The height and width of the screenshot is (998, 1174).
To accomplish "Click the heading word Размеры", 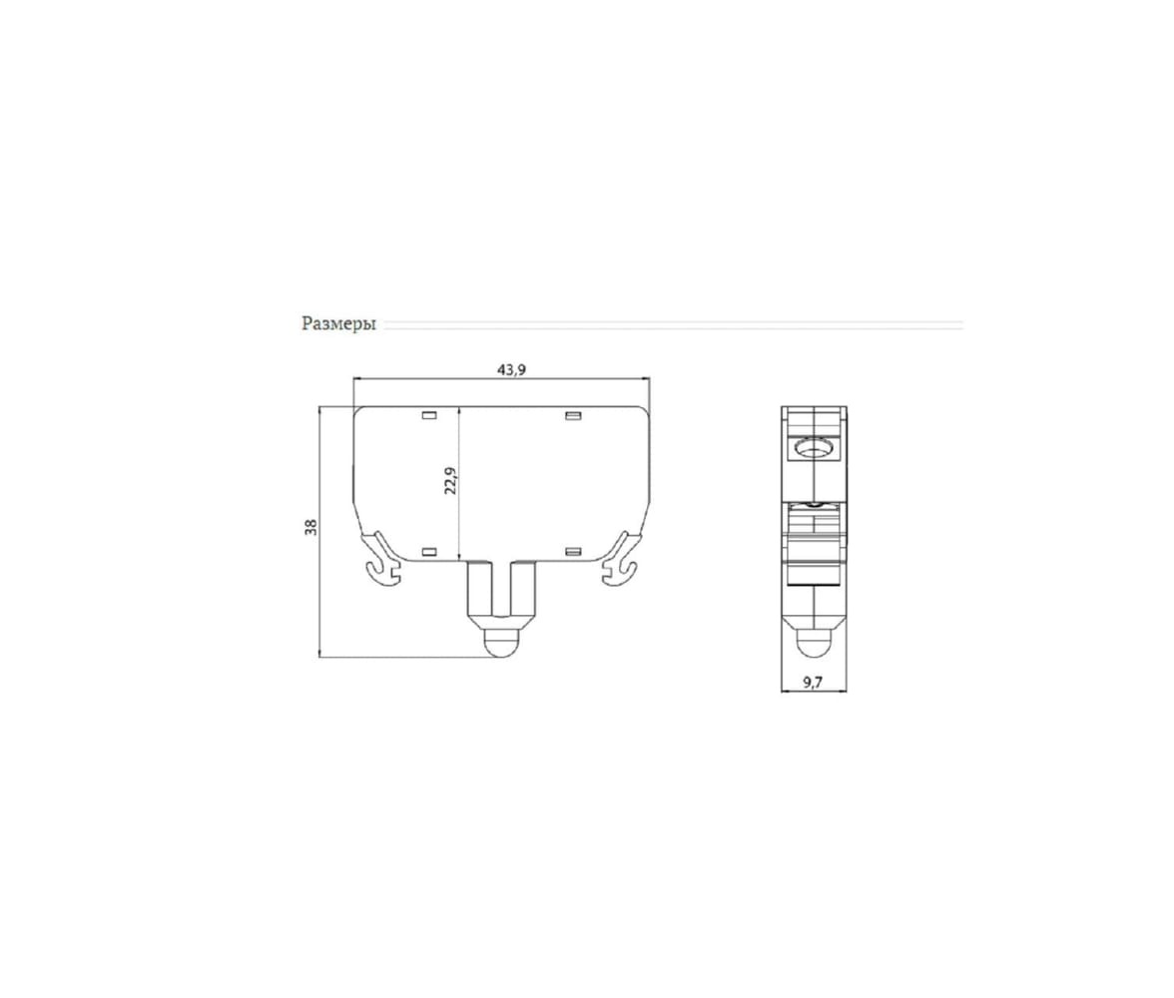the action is [x=338, y=324].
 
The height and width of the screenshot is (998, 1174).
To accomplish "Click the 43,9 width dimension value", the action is [x=511, y=369].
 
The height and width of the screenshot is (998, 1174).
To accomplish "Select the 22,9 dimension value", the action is [x=450, y=481].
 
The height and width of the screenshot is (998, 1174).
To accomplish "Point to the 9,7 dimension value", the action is [x=813, y=682].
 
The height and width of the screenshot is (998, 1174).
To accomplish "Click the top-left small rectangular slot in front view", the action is [x=429, y=415].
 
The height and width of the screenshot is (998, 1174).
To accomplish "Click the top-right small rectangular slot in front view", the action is [x=573, y=415].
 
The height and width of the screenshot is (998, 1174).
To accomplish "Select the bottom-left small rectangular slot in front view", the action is [x=429, y=552].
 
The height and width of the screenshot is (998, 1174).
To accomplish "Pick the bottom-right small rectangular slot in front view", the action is [x=573, y=552].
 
